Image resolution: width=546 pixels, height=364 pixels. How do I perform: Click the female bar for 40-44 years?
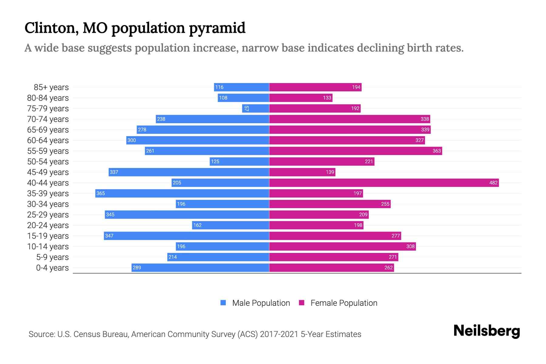384,183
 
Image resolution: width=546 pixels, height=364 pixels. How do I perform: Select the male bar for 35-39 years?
182,193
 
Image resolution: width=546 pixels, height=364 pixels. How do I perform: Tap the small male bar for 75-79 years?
255,108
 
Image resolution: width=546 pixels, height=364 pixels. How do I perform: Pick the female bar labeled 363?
356,151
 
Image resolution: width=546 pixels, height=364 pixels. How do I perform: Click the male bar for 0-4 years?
200,268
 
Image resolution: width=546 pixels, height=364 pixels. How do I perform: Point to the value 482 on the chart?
493,183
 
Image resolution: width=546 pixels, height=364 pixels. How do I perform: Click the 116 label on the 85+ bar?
219,87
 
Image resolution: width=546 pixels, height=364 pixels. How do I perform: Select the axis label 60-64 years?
48,140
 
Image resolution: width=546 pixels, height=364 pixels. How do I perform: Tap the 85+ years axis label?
51,87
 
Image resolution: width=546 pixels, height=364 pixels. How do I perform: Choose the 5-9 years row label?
52,257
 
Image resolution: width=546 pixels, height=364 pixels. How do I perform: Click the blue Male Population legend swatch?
223,303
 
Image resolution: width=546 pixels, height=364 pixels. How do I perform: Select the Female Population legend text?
344,303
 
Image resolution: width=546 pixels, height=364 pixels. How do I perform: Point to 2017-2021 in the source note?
279,334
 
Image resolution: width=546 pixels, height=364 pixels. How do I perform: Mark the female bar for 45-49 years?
302,172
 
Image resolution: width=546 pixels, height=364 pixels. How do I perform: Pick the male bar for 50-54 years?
239,161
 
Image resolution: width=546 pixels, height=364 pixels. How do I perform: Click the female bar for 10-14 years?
342,246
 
